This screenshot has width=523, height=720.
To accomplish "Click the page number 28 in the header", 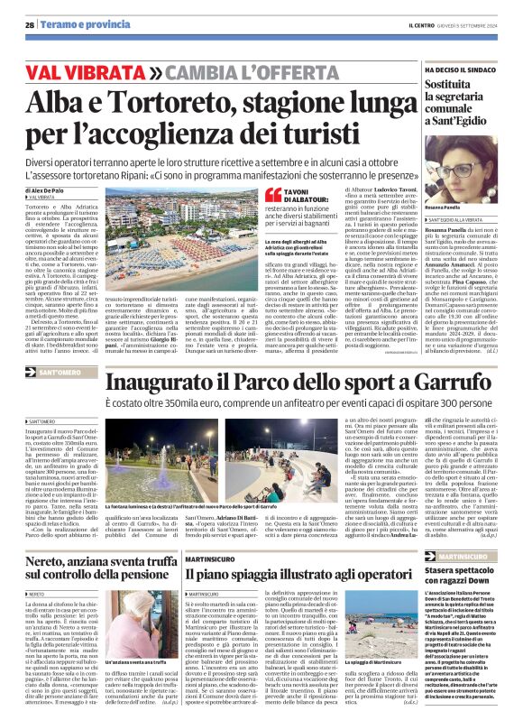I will click(30, 24).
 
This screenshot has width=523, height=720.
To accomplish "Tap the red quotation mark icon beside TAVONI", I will click(272, 194).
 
